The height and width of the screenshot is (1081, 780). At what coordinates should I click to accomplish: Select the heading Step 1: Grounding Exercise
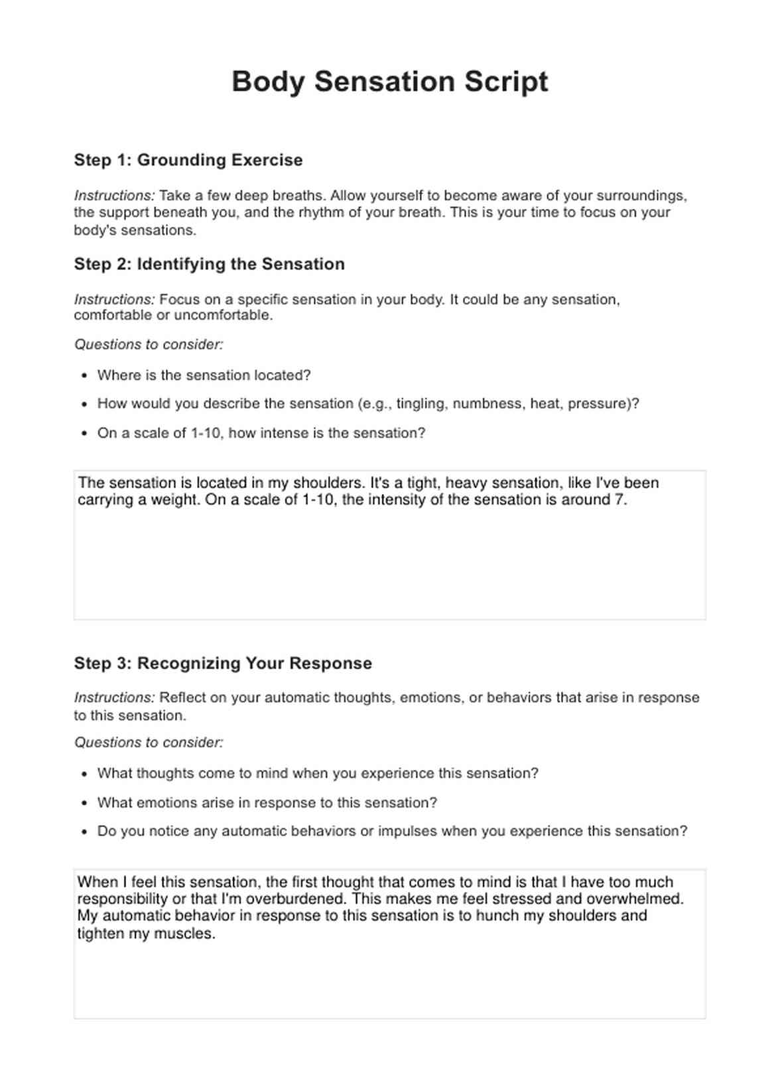coord(188,160)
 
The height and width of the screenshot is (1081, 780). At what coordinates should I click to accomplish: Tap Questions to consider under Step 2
coord(149,344)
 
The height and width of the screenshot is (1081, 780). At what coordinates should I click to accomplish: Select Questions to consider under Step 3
coord(149,742)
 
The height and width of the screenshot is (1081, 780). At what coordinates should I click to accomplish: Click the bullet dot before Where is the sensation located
coord(84,375)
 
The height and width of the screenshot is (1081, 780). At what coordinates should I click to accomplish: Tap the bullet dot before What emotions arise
coord(84,803)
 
